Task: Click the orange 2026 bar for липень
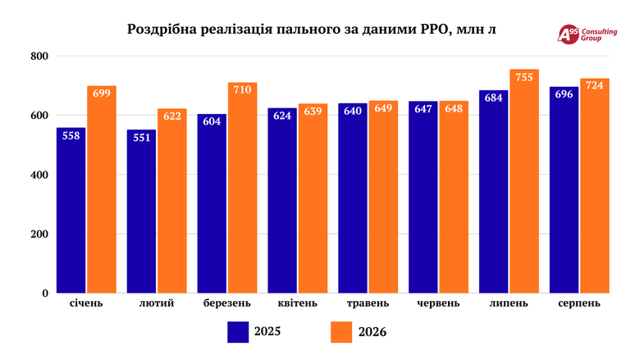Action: coord(524,181)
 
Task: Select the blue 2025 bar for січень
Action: coord(71,211)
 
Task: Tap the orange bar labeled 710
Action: coord(242,188)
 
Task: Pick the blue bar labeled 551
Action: coord(142,212)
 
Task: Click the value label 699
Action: coord(102,93)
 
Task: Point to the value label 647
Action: coord(423,109)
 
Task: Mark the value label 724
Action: coord(594,85)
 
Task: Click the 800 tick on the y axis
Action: coord(39,57)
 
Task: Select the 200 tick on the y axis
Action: coord(39,234)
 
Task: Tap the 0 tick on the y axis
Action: coord(45,293)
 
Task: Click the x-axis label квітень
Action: coord(298,303)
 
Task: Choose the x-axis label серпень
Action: coord(579,303)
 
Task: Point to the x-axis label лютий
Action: coord(157,303)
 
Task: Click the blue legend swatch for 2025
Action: coord(238,332)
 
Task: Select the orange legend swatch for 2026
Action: coord(341,332)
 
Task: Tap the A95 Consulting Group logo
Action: coord(587,34)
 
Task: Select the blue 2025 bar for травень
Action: coord(353,198)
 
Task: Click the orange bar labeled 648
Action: coord(454,197)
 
